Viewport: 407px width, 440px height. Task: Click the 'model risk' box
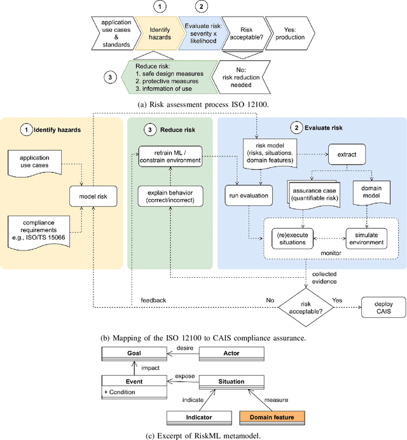(x=93, y=197)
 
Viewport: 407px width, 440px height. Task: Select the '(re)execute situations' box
(x=291, y=239)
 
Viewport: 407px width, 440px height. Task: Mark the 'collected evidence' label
(x=324, y=278)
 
